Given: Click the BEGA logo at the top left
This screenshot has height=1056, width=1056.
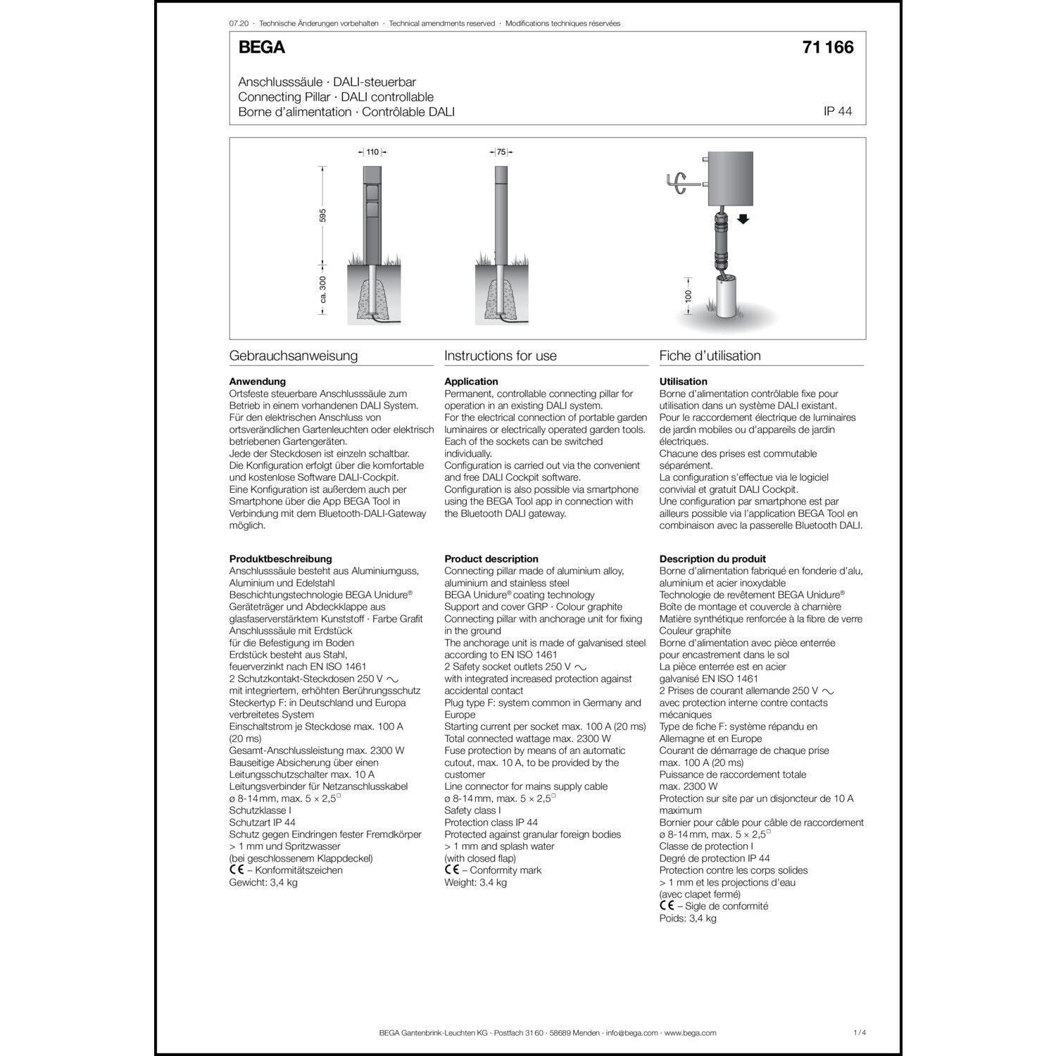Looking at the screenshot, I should (261, 47).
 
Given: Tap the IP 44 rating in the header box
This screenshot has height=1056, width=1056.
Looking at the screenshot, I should (837, 112).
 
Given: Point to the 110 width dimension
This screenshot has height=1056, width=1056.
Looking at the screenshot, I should (372, 152).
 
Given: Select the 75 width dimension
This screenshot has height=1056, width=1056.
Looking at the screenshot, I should (501, 152).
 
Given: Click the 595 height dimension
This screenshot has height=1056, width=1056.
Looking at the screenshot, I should (323, 215).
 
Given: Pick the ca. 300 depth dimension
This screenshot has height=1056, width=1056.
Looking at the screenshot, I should (323, 289).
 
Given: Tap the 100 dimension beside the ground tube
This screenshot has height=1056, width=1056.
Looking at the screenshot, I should (689, 296).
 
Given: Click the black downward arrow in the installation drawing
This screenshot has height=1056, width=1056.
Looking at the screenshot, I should (743, 219).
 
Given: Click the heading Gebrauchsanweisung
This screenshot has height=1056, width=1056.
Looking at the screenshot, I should (294, 356).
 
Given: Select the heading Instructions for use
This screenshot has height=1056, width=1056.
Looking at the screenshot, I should (501, 356).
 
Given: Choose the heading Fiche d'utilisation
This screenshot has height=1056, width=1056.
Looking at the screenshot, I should (710, 356).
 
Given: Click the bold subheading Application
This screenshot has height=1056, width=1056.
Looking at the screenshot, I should (471, 382).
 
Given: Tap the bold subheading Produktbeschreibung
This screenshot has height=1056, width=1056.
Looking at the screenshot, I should (280, 559).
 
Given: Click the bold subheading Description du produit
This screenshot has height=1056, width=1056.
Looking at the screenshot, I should (712, 559).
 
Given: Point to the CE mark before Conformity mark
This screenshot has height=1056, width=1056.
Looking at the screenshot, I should (451, 870).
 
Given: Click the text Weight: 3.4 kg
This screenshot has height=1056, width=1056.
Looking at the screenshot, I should (475, 882).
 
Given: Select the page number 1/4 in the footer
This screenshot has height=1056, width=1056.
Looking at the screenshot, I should (859, 1033).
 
